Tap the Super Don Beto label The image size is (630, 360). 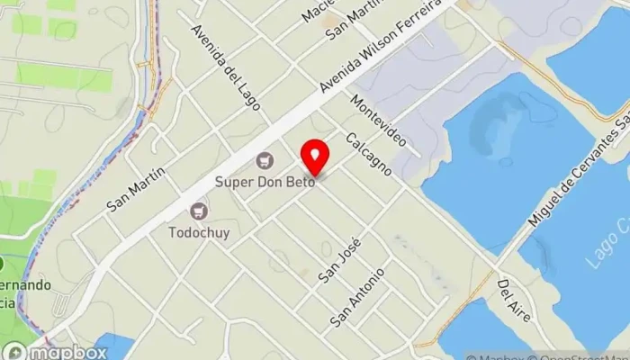264,181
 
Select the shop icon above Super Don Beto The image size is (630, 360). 265,161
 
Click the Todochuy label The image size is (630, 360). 199,231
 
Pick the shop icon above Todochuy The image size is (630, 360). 199,211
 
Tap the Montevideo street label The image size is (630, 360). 378,121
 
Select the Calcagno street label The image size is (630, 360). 369,153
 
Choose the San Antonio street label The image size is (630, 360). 357,297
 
